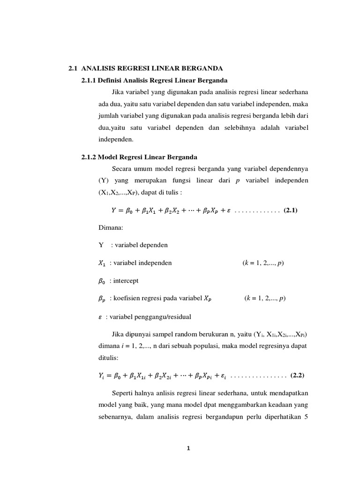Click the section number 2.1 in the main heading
pyautogui.click(x=72, y=69)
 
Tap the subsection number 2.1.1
pyautogui.click(x=89, y=80)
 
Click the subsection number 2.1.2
pyautogui.click(x=89, y=157)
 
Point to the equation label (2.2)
pyautogui.click(x=298, y=375)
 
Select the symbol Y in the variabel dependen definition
pyautogui.click(x=101, y=245)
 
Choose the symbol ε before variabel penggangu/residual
pyautogui.click(x=100, y=316)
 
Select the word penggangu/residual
pyautogui.click(x=162, y=316)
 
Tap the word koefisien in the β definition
pyautogui.click(x=128, y=299)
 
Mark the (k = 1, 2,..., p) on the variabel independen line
pyautogui.click(x=263, y=263)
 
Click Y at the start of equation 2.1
pyautogui.click(x=113, y=210)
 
